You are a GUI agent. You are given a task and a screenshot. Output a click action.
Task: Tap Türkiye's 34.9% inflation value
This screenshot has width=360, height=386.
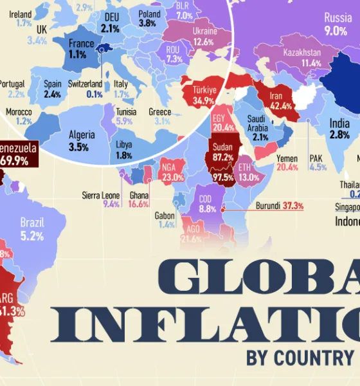pos(204,102)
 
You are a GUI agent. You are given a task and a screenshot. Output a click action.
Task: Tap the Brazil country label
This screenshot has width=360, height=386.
pos(32,223)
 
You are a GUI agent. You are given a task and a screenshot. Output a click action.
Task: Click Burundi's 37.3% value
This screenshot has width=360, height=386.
pos(292,206)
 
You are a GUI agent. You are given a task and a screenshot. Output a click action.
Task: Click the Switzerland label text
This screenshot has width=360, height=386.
pos(85,84)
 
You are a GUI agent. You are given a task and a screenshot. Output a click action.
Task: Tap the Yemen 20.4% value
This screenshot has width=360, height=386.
pos(287,167)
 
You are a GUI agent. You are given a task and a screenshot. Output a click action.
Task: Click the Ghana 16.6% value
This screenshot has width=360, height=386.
pos(138,204)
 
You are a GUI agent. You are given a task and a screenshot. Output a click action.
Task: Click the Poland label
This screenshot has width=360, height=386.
pos(149,14)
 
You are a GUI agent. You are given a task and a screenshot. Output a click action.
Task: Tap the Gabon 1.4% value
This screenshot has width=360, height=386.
pos(166,225)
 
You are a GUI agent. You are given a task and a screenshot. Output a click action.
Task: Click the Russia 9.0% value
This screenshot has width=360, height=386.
pos(335,30)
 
